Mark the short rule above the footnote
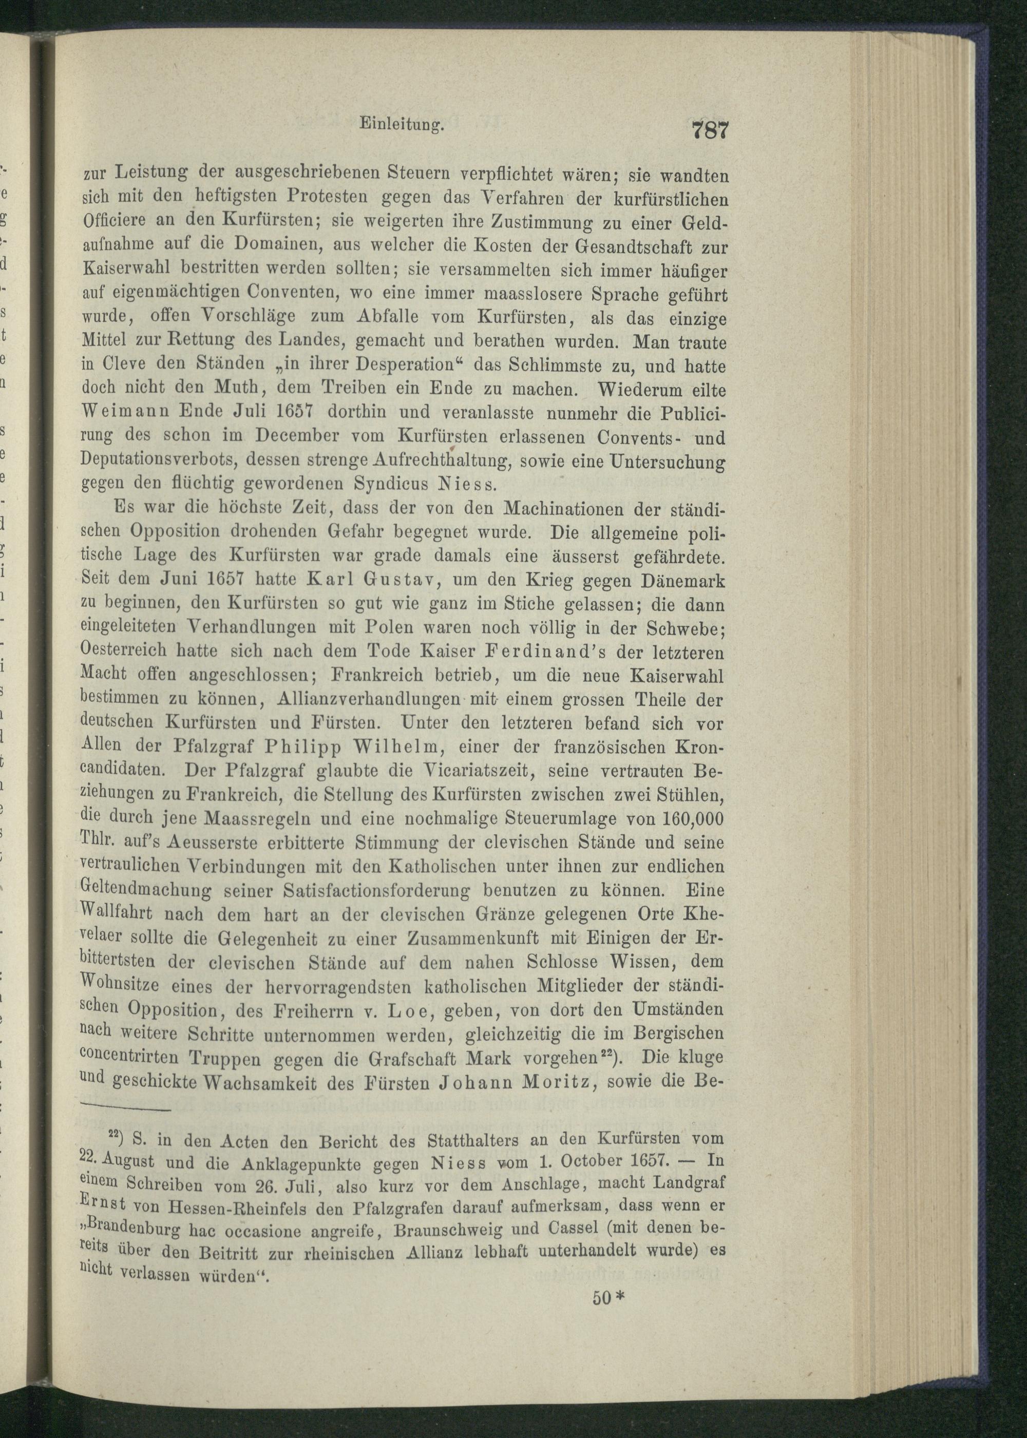[126, 1109]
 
